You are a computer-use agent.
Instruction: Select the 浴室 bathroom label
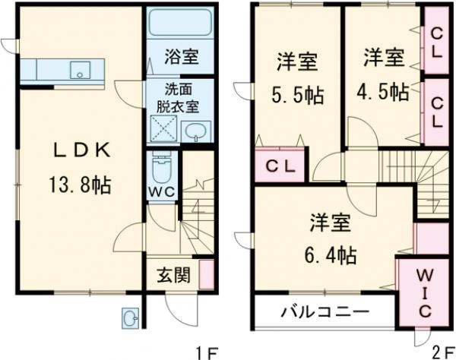[180, 55]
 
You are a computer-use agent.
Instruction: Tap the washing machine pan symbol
[163, 130]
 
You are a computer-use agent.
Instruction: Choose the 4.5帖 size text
[383, 92]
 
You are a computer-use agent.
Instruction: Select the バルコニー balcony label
[324, 311]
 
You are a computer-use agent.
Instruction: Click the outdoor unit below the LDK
[131, 318]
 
